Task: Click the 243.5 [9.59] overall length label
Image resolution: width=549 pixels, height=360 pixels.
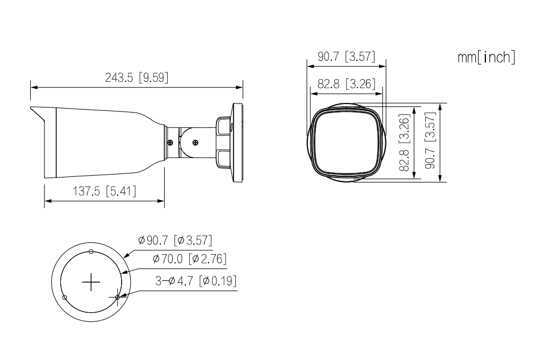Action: point(136,77)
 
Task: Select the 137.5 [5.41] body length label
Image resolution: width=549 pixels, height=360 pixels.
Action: point(105,192)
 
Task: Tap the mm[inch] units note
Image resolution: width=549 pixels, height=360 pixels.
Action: point(486,57)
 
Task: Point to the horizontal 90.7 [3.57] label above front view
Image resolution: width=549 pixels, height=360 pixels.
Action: point(346,56)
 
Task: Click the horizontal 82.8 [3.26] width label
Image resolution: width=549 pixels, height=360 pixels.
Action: point(346,84)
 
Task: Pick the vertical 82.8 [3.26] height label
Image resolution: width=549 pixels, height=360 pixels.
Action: point(405,142)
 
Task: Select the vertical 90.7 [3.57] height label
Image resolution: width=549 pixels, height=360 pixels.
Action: point(430,140)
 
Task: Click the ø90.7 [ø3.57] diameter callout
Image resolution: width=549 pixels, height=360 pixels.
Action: point(175,241)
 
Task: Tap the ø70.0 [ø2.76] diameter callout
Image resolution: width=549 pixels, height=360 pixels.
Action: point(189,259)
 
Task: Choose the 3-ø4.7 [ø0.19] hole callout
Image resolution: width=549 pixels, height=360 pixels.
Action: point(196,281)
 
